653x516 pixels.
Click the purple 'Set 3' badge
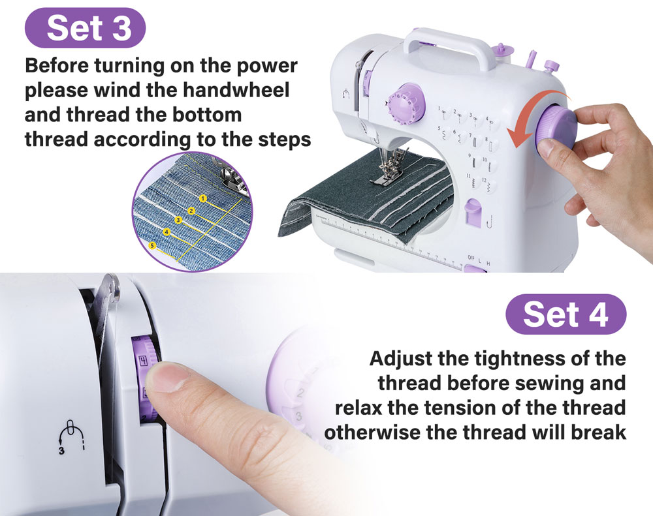[84, 27]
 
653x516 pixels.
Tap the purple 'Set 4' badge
[565, 314]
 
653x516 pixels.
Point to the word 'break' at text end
[594, 432]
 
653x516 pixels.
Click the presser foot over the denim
[390, 172]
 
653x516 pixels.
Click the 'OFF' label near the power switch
[472, 258]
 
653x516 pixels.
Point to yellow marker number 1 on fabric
[203, 198]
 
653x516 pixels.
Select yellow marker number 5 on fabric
[153, 246]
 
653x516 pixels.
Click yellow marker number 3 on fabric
[178, 220]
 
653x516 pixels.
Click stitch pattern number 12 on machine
[484, 182]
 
